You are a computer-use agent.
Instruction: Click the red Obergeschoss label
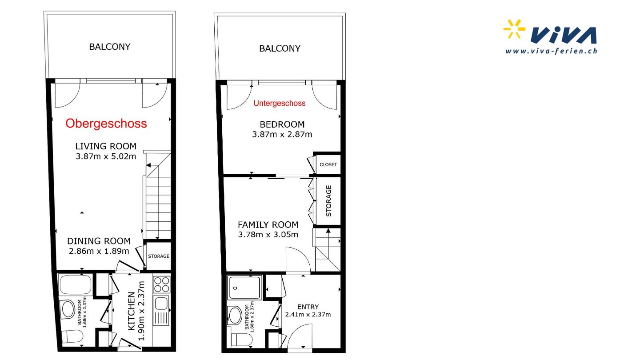pyautogui.click(x=106, y=124)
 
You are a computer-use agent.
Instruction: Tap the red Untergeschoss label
pyautogui.click(x=280, y=104)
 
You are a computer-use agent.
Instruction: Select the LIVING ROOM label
pyautogui.click(x=106, y=146)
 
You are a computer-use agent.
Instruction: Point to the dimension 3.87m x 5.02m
pyautogui.click(x=106, y=156)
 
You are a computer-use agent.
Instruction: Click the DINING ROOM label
pyautogui.click(x=99, y=241)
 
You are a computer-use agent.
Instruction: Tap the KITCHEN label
pyautogui.click(x=131, y=311)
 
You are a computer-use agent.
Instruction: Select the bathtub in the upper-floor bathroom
pyautogui.click(x=76, y=284)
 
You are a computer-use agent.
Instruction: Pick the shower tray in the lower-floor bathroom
pyautogui.click(x=244, y=288)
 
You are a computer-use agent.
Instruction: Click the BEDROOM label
pyautogui.click(x=282, y=124)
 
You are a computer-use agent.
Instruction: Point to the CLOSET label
pyautogui.click(x=328, y=164)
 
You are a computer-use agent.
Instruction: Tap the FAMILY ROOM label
pyautogui.click(x=268, y=225)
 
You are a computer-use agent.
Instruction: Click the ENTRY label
pyautogui.click(x=308, y=307)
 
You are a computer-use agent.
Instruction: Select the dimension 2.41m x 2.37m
pyautogui.click(x=308, y=315)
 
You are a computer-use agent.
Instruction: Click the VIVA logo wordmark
pyautogui.click(x=564, y=36)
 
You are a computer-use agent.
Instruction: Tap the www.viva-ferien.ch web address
pyautogui.click(x=551, y=51)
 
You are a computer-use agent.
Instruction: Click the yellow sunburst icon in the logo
pyautogui.click(x=514, y=29)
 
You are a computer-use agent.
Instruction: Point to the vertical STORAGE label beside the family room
pyautogui.click(x=328, y=201)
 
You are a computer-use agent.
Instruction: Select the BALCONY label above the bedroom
pyautogui.click(x=280, y=48)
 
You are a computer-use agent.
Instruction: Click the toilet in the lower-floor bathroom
pyautogui.click(x=242, y=340)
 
